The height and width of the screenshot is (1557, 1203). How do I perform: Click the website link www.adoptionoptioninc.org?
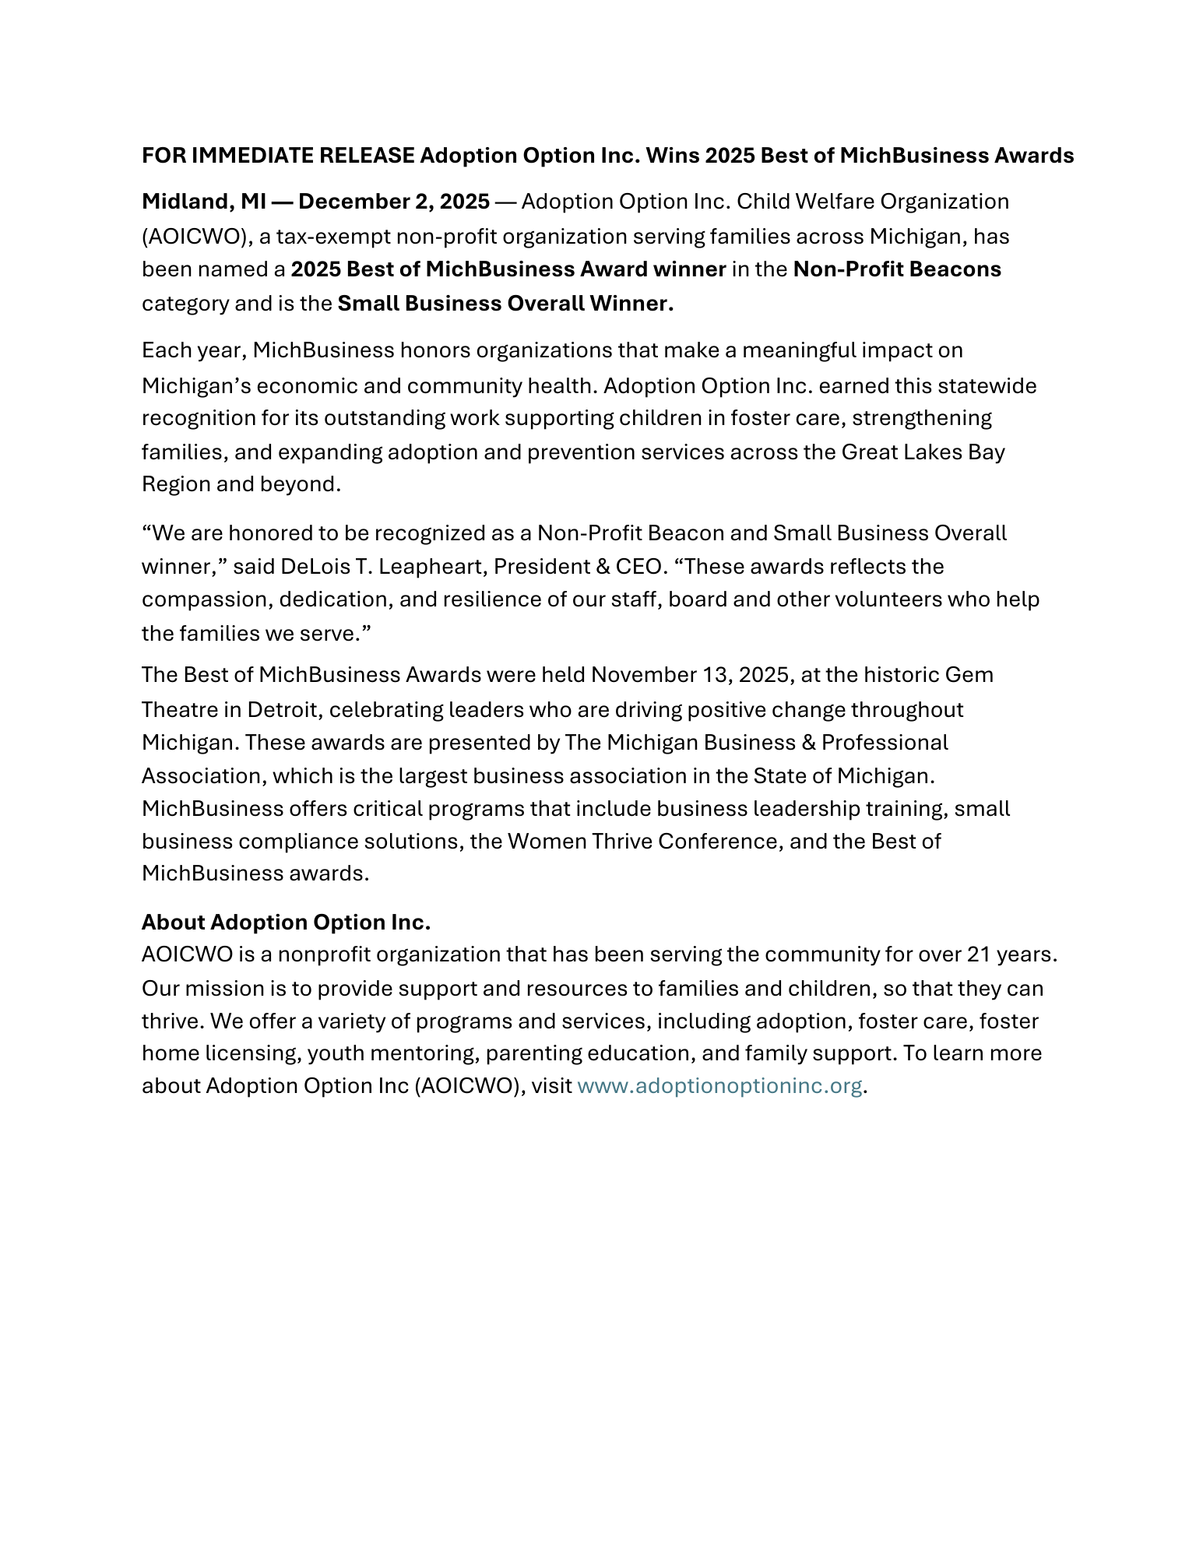pos(719,1085)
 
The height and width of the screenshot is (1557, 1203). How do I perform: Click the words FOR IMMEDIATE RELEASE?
pos(278,156)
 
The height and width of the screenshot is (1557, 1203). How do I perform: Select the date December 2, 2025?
pos(394,202)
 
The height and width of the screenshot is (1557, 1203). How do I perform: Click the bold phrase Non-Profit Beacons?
pos(897,269)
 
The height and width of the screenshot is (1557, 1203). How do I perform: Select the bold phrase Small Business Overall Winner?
pos(505,303)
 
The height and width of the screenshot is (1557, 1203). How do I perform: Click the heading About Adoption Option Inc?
pos(286,922)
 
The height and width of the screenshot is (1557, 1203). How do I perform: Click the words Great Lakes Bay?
pos(923,452)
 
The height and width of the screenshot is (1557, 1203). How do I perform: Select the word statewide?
pos(987,385)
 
